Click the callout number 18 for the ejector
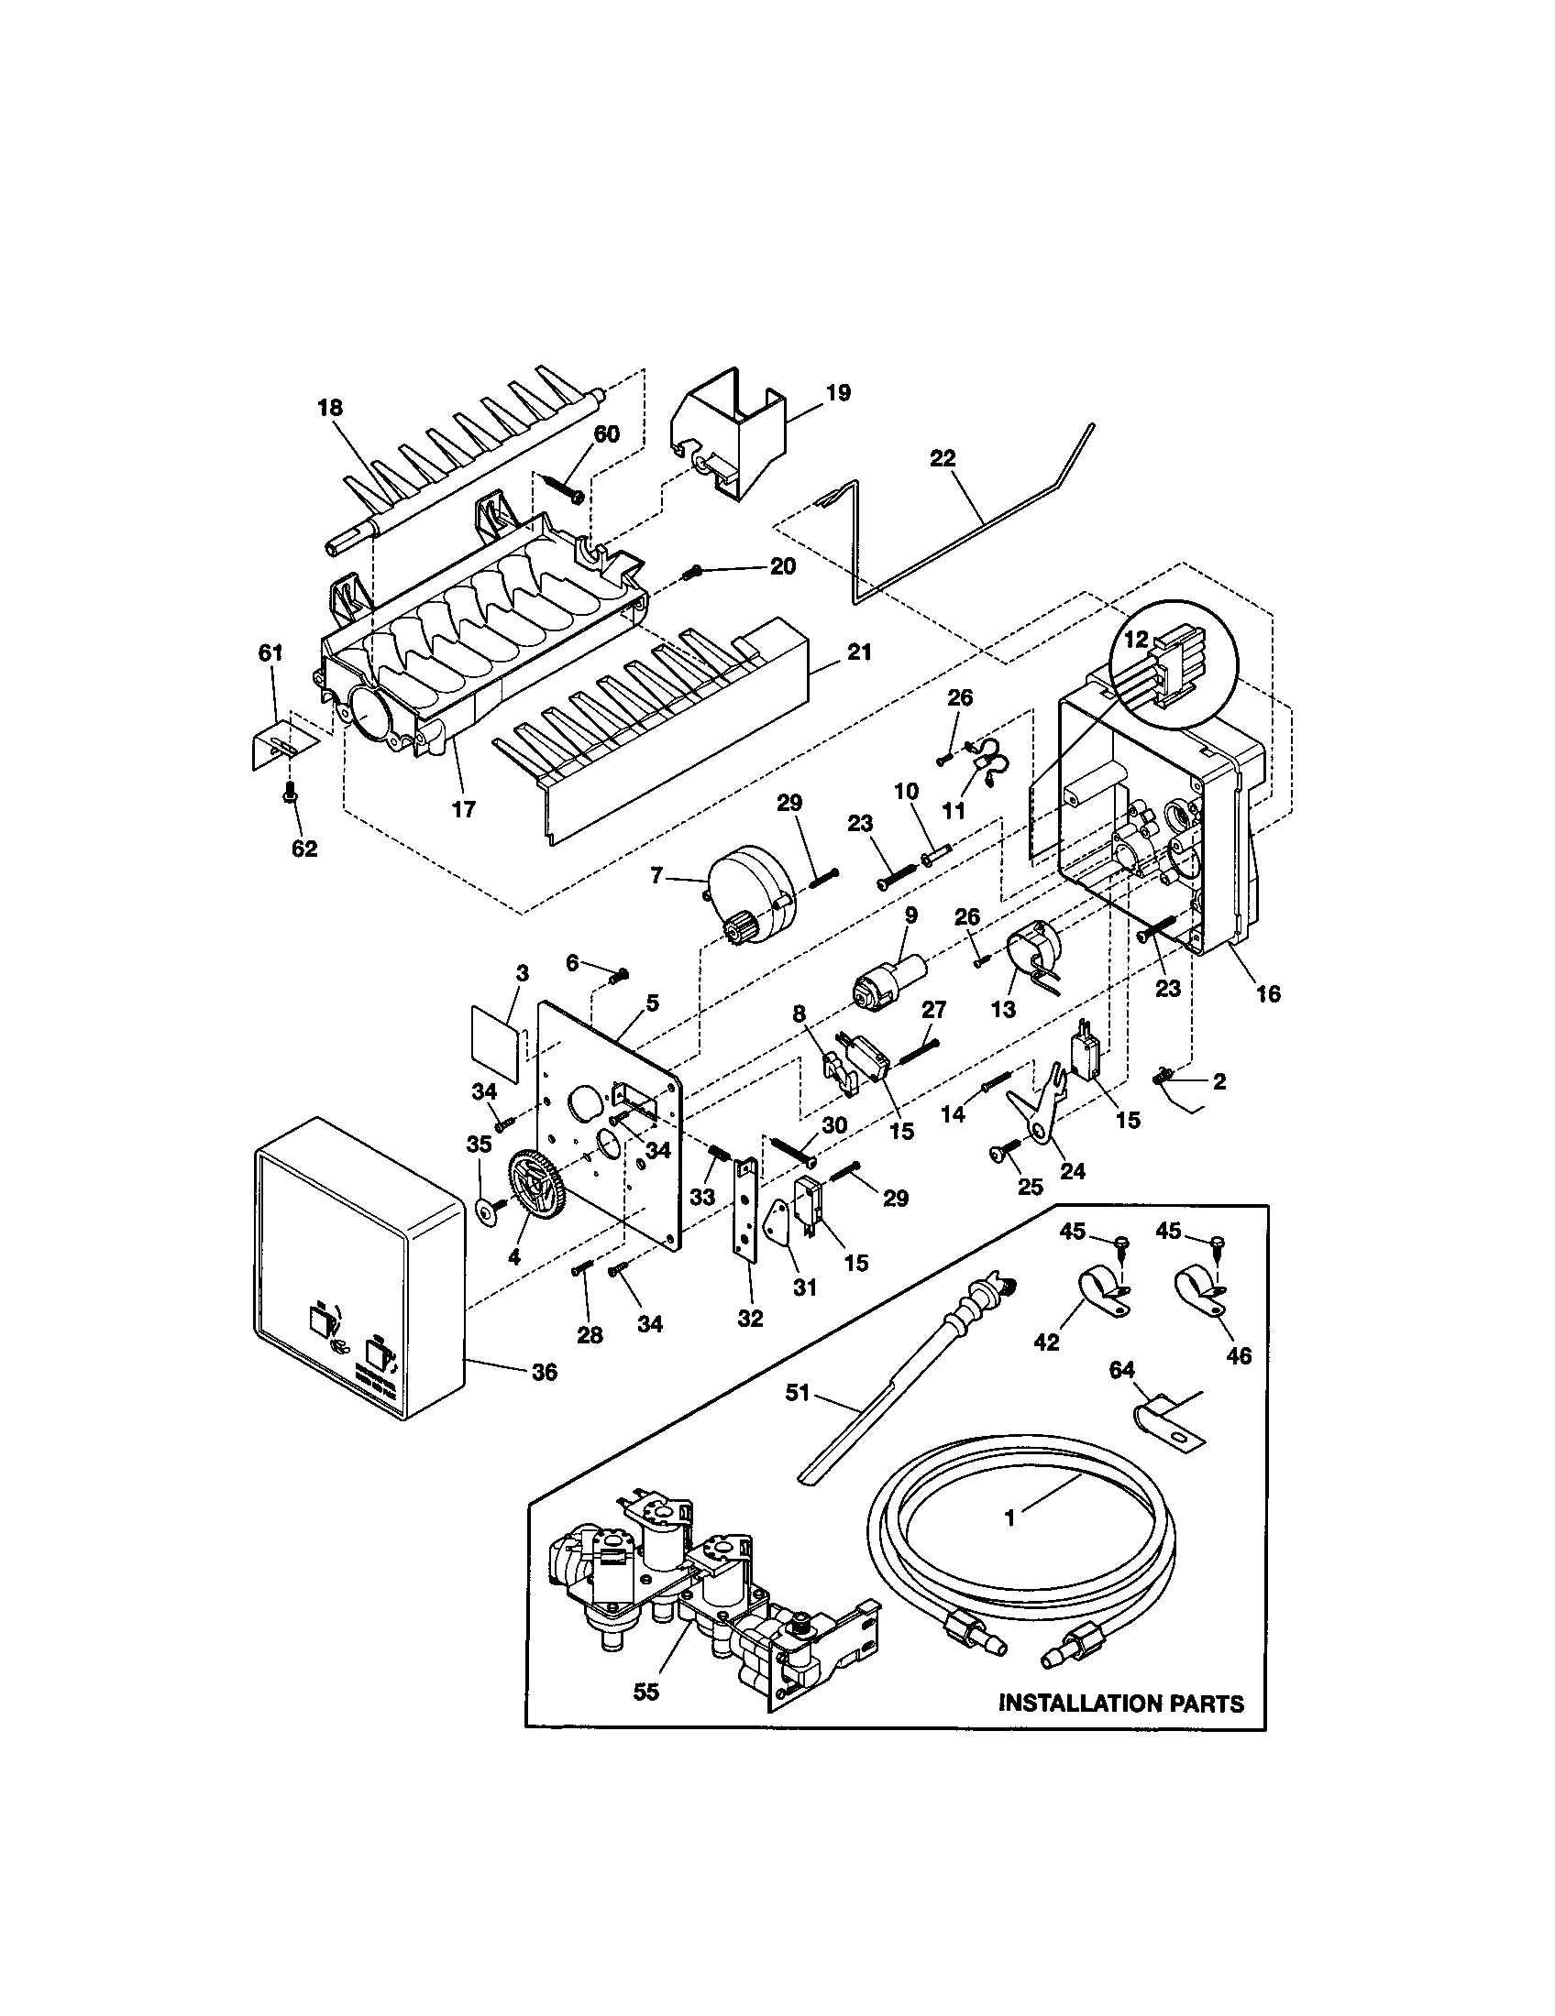(x=330, y=408)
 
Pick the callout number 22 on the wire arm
(x=943, y=458)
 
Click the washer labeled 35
(x=484, y=1211)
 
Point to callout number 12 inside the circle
(x=1136, y=638)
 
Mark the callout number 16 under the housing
(x=1268, y=993)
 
